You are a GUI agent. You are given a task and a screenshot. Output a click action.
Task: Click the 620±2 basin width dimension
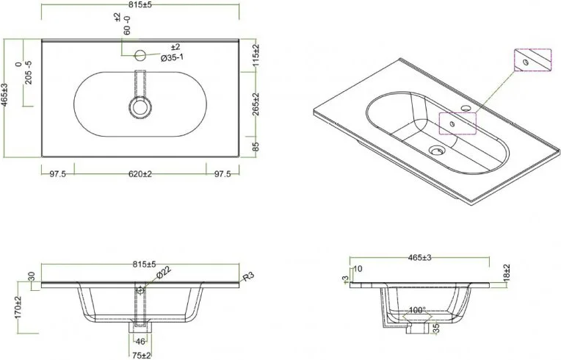139,174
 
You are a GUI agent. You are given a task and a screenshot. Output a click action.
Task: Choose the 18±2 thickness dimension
507,273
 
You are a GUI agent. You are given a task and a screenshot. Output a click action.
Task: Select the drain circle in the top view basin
139,107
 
